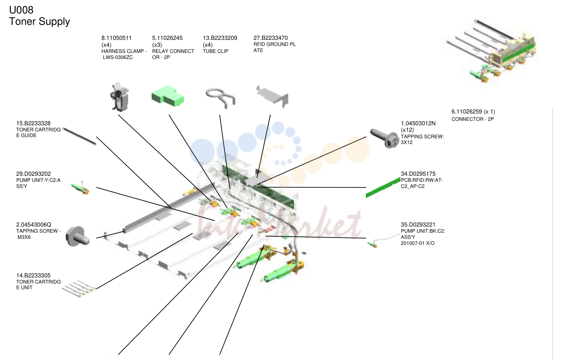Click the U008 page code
[x=21, y=10]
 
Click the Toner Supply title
[x=39, y=22]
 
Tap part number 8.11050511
[x=116, y=38]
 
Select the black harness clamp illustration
[x=119, y=97]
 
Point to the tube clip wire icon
[x=221, y=98]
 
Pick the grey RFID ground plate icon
[x=272, y=97]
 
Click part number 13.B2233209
[x=220, y=38]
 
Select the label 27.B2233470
[x=270, y=38]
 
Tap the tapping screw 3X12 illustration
[x=385, y=138]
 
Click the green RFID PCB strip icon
[x=383, y=188]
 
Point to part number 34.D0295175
[x=418, y=174]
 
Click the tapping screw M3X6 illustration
[x=77, y=236]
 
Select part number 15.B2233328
[x=33, y=124]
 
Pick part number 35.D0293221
[x=418, y=225]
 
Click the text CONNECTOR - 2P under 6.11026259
[x=473, y=119]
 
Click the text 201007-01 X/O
[x=417, y=243]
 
